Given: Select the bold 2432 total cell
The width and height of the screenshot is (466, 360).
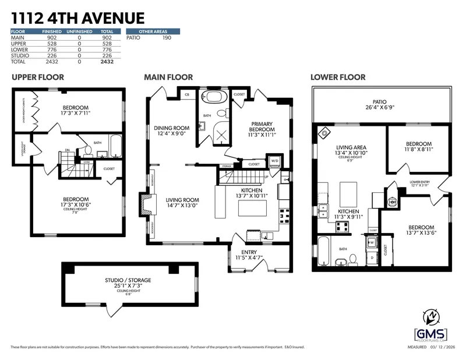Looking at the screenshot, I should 106,61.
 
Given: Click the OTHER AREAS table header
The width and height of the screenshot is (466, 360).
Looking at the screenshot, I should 152,31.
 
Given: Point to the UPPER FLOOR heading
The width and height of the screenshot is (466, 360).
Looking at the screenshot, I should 38,77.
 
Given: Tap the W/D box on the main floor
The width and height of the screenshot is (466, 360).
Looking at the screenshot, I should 274,161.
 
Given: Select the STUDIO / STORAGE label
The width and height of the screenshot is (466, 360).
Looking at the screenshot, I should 128,280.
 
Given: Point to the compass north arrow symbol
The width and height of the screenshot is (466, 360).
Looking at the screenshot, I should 431,316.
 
